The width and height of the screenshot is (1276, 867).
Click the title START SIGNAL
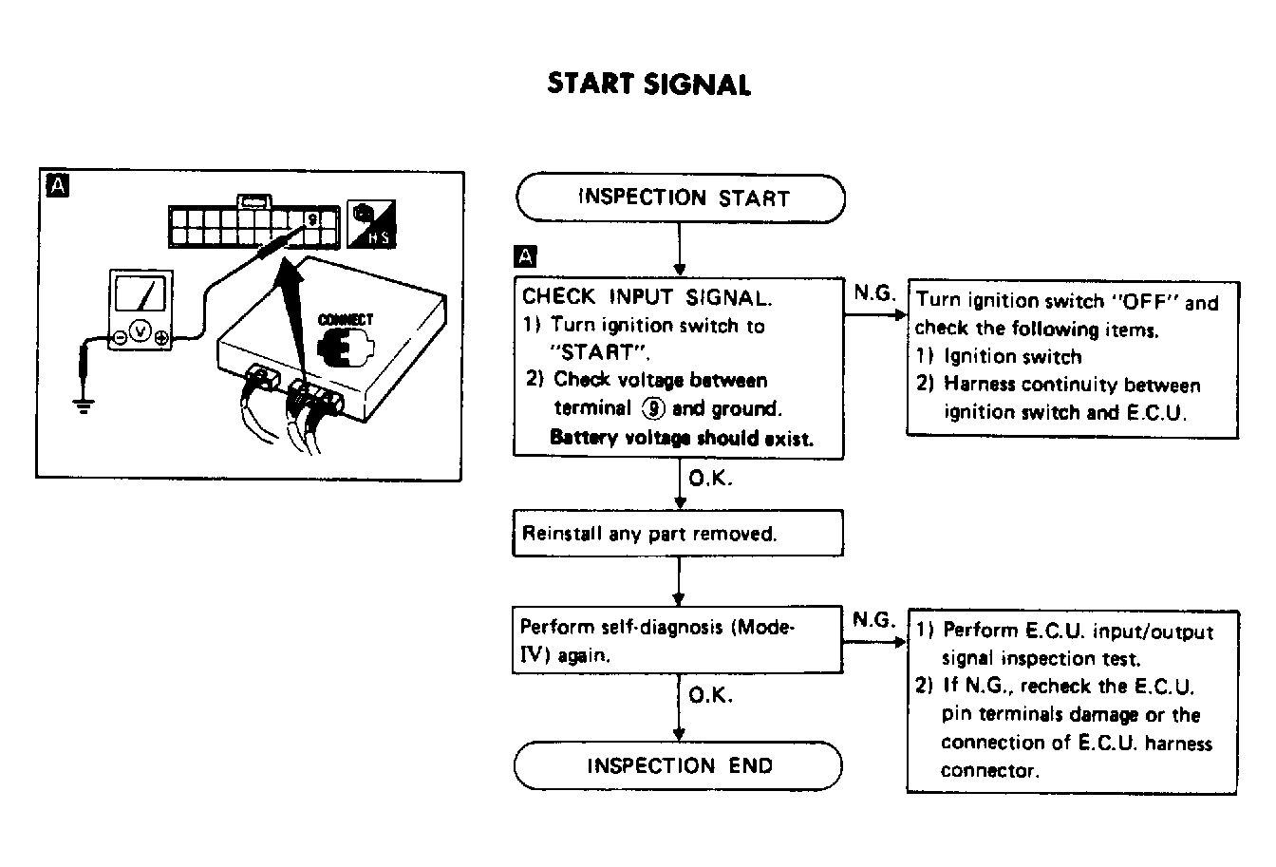pyautogui.click(x=648, y=85)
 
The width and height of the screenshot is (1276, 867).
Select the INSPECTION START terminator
pyautogui.click(x=680, y=198)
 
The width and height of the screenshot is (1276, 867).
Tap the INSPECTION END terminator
pyautogui.click(x=678, y=765)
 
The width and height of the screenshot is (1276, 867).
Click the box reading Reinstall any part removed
pyautogui.click(x=678, y=534)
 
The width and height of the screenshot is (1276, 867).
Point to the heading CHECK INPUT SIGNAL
pyautogui.click(x=647, y=297)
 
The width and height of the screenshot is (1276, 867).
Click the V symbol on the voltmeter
pyautogui.click(x=141, y=333)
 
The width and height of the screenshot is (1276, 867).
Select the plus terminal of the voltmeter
pyautogui.click(x=161, y=336)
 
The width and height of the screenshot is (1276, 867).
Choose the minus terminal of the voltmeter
pyautogui.click(x=121, y=336)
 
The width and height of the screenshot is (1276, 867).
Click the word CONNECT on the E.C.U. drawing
pyautogui.click(x=346, y=320)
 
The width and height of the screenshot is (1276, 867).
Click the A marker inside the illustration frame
pyautogui.click(x=57, y=188)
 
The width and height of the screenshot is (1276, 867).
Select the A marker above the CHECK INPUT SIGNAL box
pyautogui.click(x=524, y=256)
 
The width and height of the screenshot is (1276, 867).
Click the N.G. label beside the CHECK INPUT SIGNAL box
pyautogui.click(x=873, y=292)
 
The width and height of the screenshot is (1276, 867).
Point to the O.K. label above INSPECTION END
pyautogui.click(x=710, y=696)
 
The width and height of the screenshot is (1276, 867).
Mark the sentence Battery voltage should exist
pyautogui.click(x=682, y=439)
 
